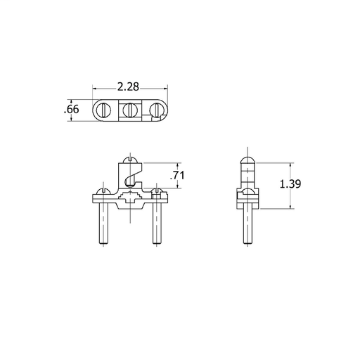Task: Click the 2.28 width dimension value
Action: coord(128,87)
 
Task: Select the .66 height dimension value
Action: coord(72,110)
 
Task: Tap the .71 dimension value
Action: coord(177,175)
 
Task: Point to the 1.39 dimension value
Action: coord(290,184)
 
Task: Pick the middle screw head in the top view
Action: coord(129,110)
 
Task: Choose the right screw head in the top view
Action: coord(156,110)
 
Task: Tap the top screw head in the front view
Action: coord(130,160)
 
